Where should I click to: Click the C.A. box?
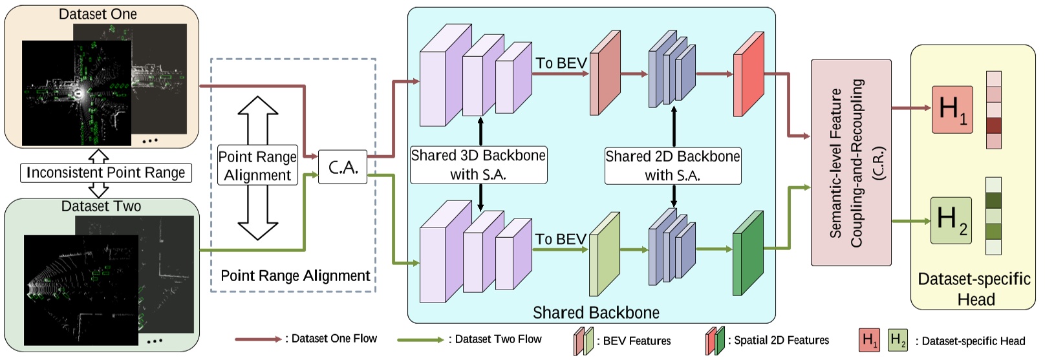point(343,167)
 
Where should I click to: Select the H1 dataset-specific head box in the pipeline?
point(952,109)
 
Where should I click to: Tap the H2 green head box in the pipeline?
point(951,220)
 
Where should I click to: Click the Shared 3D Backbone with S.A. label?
point(479,165)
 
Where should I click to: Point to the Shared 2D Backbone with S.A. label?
point(672,165)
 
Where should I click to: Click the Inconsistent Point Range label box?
point(105,173)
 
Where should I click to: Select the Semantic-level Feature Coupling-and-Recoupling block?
point(851,163)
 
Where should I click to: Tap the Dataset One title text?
point(98,14)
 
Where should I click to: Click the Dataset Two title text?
point(101,206)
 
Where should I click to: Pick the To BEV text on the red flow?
point(561,63)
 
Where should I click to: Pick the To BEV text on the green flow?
point(560,239)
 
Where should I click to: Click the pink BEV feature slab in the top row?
point(605,74)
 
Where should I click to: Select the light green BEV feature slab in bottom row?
point(604,255)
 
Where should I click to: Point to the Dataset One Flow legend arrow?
point(258,339)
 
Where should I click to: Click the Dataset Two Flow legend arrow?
point(421,339)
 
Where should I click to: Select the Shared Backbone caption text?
point(596,313)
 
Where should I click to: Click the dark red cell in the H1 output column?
point(993,125)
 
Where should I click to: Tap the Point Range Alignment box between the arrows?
point(257,165)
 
